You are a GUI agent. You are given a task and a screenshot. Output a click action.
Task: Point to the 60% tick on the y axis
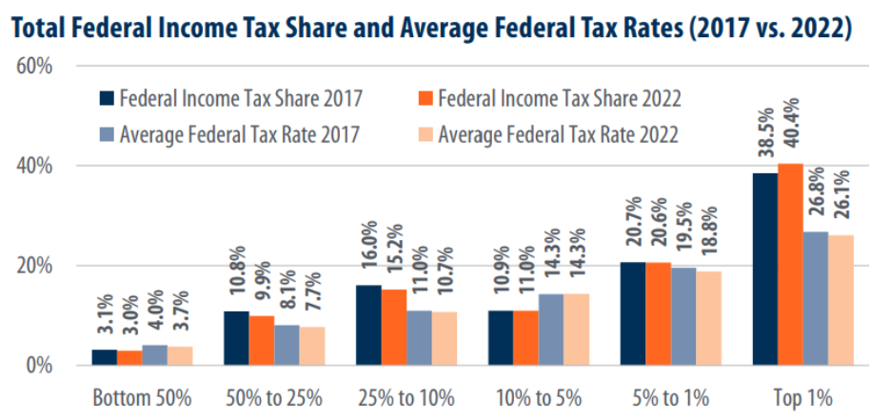pyautogui.click(x=36, y=67)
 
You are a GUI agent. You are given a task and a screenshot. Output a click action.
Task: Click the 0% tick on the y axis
pyautogui.click(x=42, y=365)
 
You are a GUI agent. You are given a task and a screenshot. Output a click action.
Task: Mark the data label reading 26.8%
pyautogui.click(x=816, y=201)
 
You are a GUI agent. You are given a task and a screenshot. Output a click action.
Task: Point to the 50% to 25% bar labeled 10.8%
pyautogui.click(x=236, y=338)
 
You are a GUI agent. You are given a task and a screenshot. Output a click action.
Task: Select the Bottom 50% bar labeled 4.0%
pyautogui.click(x=154, y=354)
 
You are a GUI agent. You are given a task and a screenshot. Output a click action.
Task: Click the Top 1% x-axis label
pyautogui.click(x=803, y=396)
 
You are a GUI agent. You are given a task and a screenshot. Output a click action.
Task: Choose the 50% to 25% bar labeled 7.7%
pyautogui.click(x=311, y=346)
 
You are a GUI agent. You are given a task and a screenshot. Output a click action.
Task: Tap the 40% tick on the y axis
pyautogui.click(x=36, y=166)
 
